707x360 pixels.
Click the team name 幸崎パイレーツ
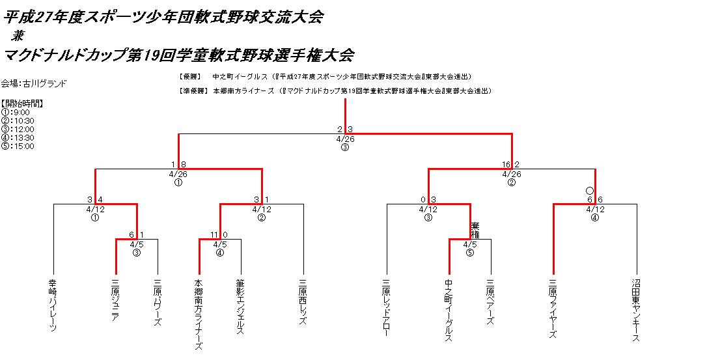pos(53,305)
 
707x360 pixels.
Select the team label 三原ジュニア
pos(116,301)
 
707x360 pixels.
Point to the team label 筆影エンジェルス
pos(240,307)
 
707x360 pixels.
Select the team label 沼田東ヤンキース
pos(636,310)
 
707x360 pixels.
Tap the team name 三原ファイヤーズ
pos(553,307)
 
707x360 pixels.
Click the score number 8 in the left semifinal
pos(184,165)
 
